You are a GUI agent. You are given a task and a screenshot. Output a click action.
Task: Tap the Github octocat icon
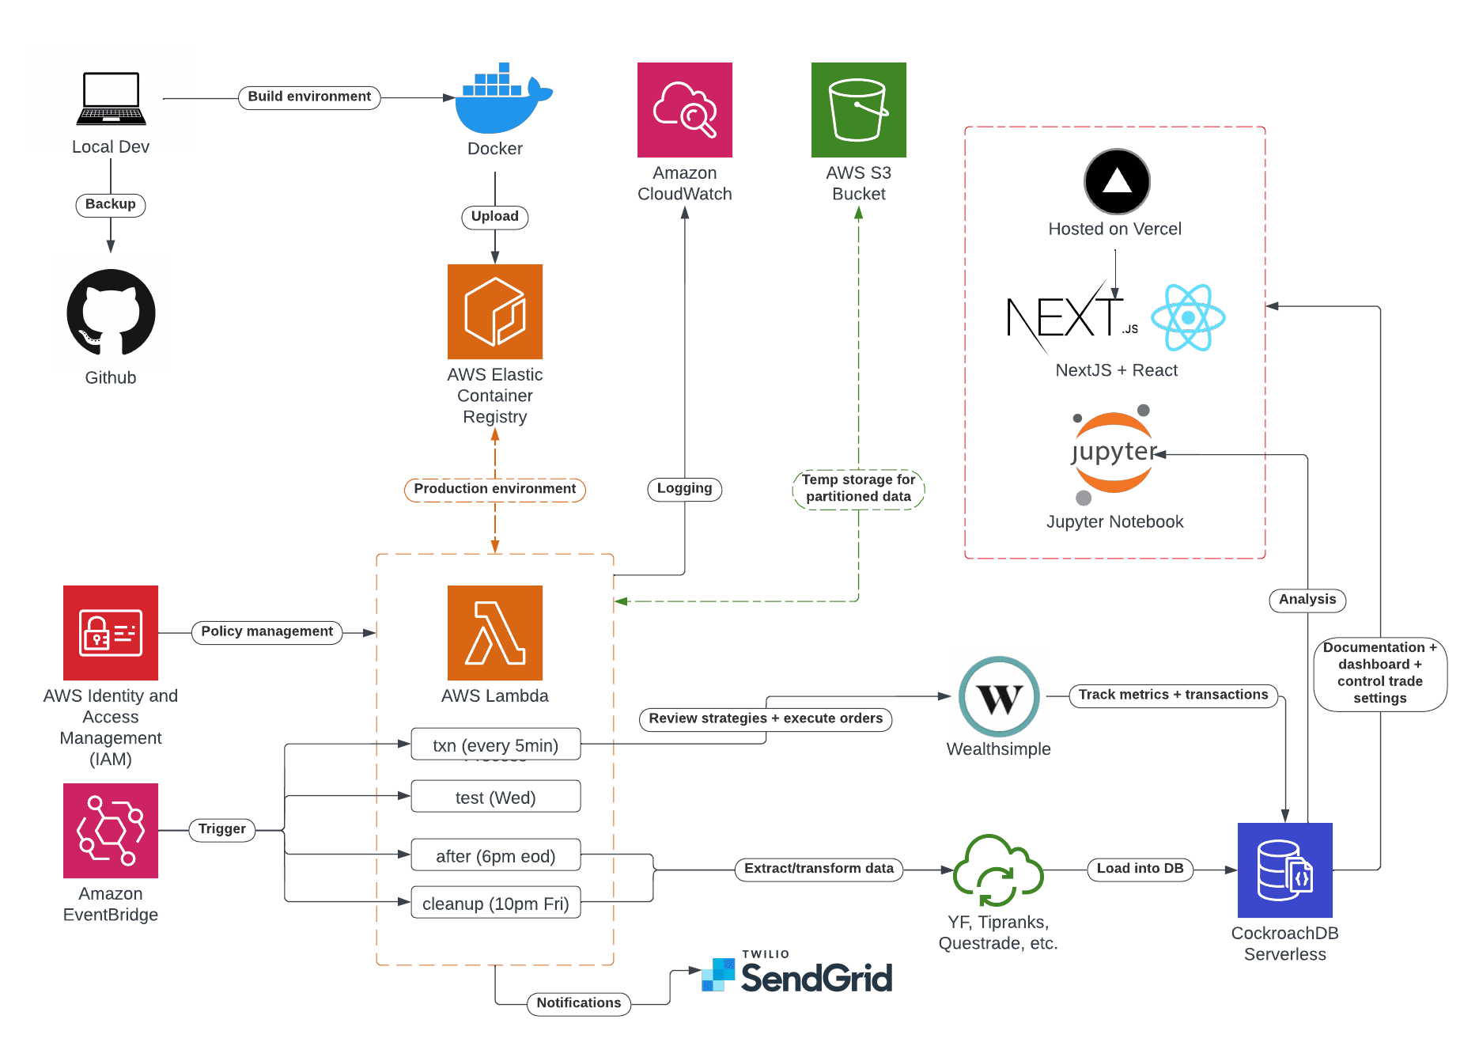(x=111, y=313)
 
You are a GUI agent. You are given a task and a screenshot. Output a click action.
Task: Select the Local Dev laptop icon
(x=111, y=99)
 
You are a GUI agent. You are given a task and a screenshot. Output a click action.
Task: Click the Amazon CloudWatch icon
(x=685, y=110)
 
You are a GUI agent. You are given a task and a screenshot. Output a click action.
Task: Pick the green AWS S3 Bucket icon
(x=859, y=110)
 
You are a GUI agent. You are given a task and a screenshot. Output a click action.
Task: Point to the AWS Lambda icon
(x=495, y=633)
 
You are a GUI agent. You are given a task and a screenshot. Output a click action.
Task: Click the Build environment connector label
(x=309, y=97)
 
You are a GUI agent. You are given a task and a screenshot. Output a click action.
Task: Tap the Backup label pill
(x=111, y=205)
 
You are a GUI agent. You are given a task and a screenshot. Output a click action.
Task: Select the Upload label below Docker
(x=495, y=217)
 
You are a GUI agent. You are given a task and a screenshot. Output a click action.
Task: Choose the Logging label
(x=685, y=489)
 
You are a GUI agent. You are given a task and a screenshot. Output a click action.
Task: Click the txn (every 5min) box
(x=496, y=745)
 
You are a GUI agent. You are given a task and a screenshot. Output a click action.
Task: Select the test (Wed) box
(x=496, y=797)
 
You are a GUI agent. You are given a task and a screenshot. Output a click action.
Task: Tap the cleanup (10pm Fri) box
(x=496, y=903)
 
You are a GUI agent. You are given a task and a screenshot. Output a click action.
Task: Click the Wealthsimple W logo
(x=999, y=697)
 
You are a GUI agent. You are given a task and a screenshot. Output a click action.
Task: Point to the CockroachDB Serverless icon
(x=1285, y=870)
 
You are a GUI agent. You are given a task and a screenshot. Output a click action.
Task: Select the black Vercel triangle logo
(x=1117, y=181)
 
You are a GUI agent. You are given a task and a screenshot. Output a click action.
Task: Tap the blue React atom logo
(x=1188, y=317)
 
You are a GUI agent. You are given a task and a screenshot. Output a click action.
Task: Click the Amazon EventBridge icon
(x=111, y=831)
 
